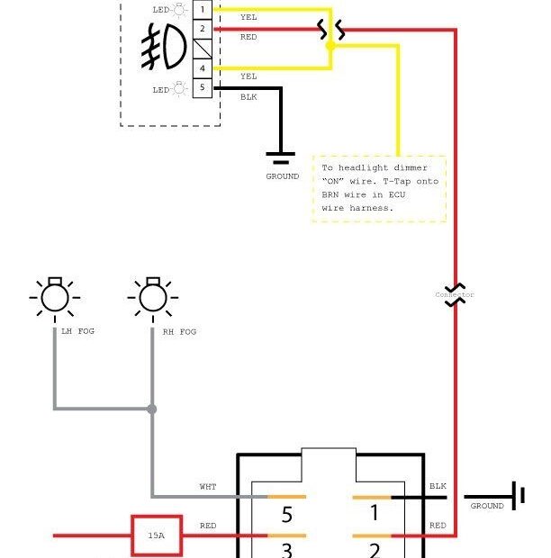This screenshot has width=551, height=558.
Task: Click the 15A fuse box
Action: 157,535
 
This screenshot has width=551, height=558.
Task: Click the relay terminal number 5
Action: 286,515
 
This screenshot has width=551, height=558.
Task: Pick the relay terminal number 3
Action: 286,549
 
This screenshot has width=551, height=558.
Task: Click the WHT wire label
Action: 208,487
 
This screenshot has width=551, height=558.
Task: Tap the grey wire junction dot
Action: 151,409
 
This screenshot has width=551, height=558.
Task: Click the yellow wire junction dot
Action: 330,46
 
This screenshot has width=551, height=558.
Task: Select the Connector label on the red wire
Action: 454,294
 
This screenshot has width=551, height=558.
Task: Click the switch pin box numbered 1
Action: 203,9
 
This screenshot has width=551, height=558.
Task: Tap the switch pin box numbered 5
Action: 203,88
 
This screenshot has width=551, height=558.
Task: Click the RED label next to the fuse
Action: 208,526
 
